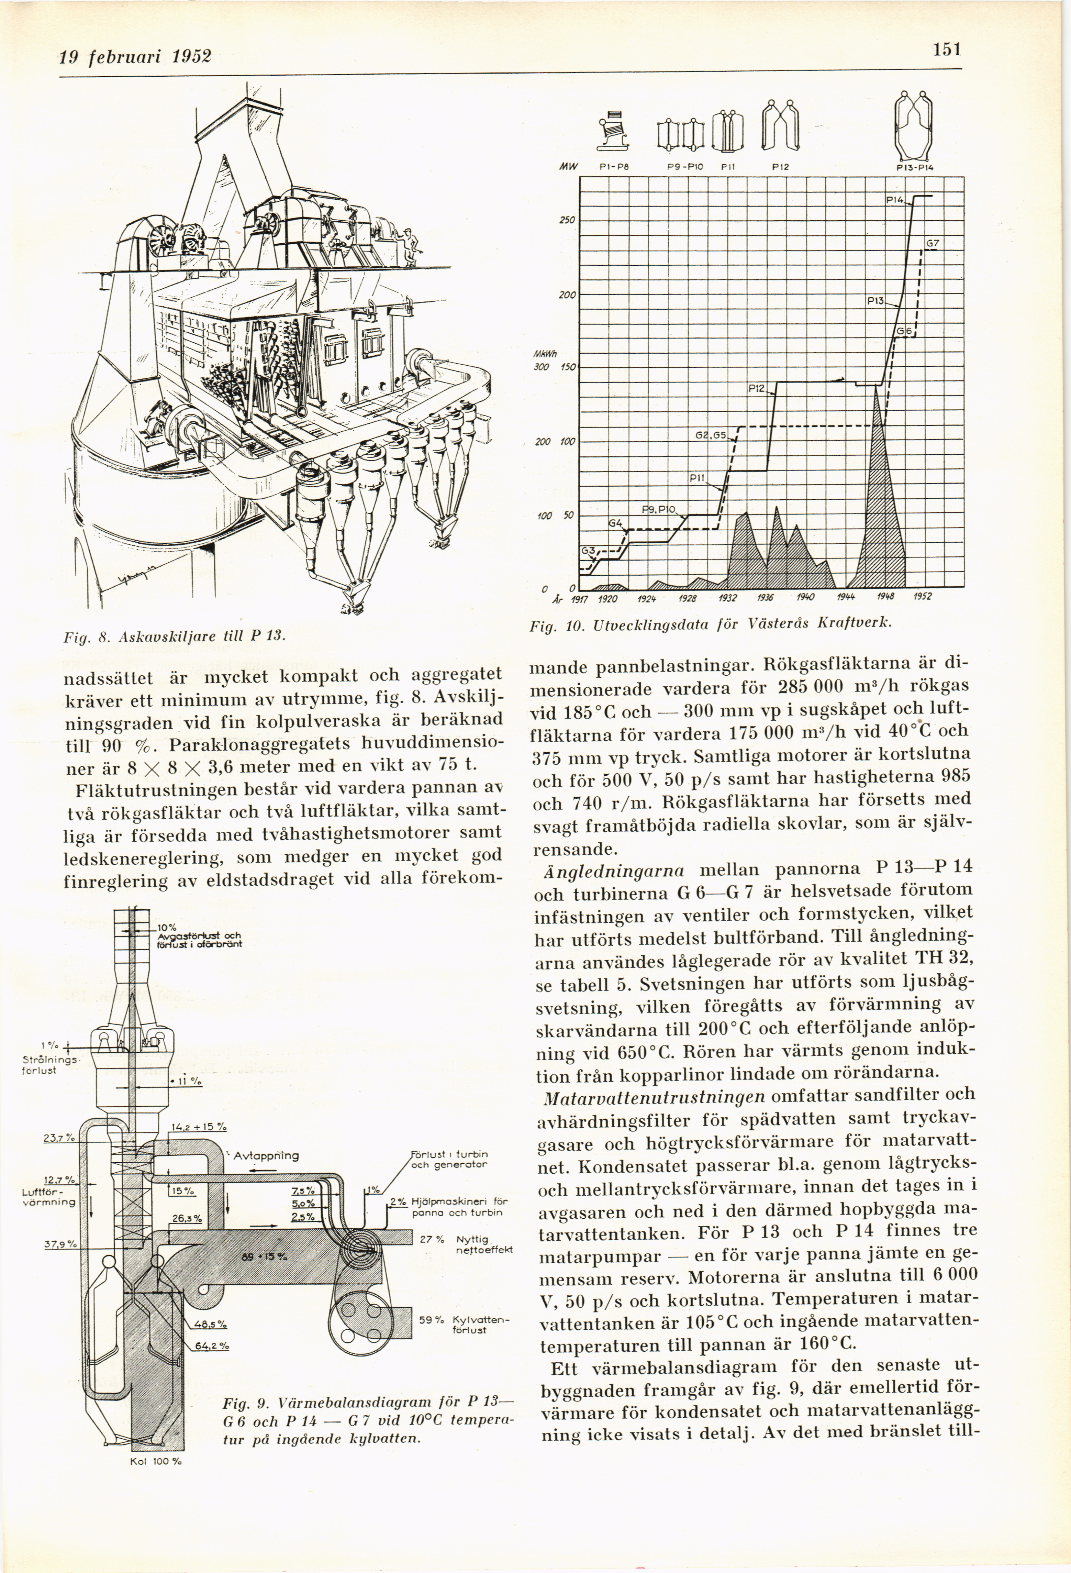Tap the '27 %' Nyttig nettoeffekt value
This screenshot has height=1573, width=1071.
pyautogui.click(x=431, y=1239)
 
